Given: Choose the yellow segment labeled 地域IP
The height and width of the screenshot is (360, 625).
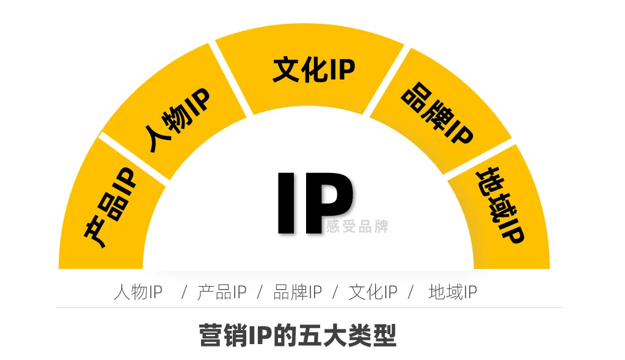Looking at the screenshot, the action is (x=503, y=207).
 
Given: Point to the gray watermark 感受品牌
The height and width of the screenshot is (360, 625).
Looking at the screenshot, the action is (x=357, y=226).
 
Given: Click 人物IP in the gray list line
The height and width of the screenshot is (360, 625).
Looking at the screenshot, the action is (x=138, y=292).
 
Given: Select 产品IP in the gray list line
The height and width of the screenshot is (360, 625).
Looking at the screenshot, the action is (x=222, y=292).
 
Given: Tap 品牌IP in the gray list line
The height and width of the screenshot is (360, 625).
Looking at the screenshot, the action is (x=298, y=292).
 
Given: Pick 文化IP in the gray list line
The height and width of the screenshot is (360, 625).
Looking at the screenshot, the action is (x=373, y=292).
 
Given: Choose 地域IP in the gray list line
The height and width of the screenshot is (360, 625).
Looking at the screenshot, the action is (x=453, y=292).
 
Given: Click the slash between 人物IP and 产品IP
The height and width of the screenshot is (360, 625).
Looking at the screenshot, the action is (x=184, y=292).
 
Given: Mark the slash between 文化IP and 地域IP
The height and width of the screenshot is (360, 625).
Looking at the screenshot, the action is (x=411, y=292).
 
